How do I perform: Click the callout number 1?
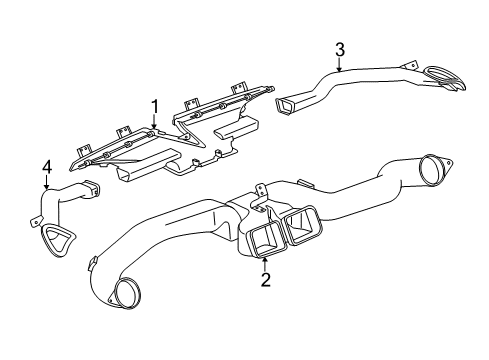point(154,105)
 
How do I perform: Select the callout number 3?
point(339,49)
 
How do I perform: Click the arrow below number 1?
point(154,123)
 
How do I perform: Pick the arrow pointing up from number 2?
point(265,262)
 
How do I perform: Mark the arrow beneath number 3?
point(339,65)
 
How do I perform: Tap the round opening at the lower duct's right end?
point(433,170)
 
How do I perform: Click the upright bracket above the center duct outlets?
point(261,191)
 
